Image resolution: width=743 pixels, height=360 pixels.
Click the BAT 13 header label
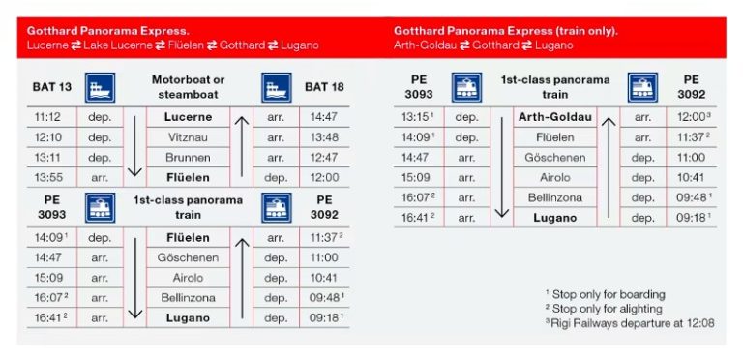click(x=52, y=87)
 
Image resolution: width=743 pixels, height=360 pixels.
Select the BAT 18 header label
click(x=324, y=87)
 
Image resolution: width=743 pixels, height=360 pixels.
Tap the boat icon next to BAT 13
click(x=101, y=89)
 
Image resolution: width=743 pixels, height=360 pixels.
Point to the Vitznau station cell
click(x=188, y=137)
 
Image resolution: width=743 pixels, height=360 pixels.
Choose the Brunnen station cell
click(x=188, y=157)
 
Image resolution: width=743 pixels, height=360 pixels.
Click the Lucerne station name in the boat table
click(x=188, y=117)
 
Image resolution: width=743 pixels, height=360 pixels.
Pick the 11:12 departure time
click(x=48, y=117)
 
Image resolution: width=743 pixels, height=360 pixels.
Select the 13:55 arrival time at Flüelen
click(x=48, y=177)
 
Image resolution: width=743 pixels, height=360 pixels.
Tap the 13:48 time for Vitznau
click(x=324, y=137)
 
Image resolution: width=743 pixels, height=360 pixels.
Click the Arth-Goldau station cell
click(x=554, y=117)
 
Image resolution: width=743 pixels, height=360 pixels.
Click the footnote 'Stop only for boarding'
click(x=608, y=294)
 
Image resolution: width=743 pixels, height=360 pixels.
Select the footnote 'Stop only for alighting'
click(x=608, y=308)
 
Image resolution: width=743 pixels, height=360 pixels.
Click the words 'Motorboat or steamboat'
click(x=188, y=87)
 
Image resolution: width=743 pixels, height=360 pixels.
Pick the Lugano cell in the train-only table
click(x=554, y=218)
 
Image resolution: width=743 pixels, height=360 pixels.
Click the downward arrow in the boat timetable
click(x=135, y=145)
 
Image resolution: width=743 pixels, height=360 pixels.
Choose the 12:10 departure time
click(x=48, y=137)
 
